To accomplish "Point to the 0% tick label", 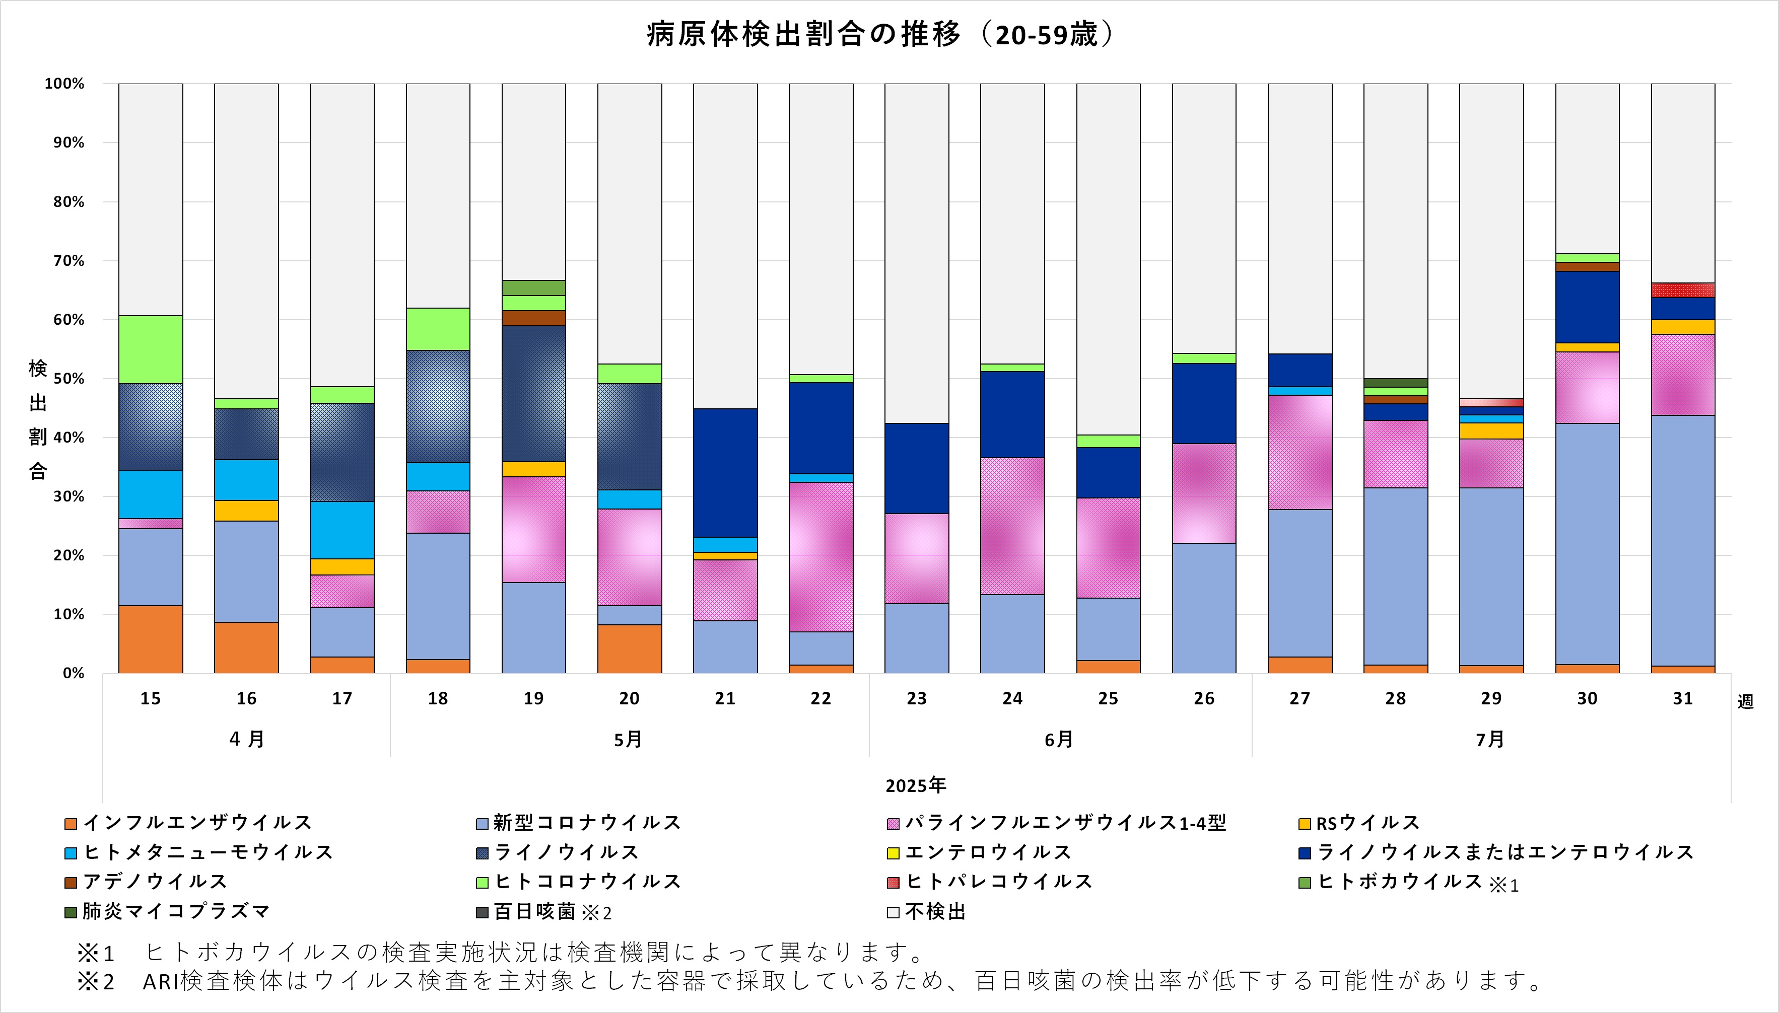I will (73, 674).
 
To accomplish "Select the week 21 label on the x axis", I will (725, 698).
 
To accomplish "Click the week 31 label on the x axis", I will (1682, 698).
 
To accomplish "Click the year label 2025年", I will (915, 785).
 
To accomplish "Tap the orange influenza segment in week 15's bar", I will (150, 639).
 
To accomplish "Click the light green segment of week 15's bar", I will (150, 349).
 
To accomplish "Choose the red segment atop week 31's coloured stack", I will (1682, 290).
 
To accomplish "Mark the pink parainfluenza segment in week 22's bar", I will (820, 556).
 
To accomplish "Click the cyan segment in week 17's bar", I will (341, 530).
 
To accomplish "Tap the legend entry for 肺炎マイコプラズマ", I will (167, 911).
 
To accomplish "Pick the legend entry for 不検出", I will (927, 911).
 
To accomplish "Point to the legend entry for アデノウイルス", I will (146, 882).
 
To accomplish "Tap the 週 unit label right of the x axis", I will (1745, 701).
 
